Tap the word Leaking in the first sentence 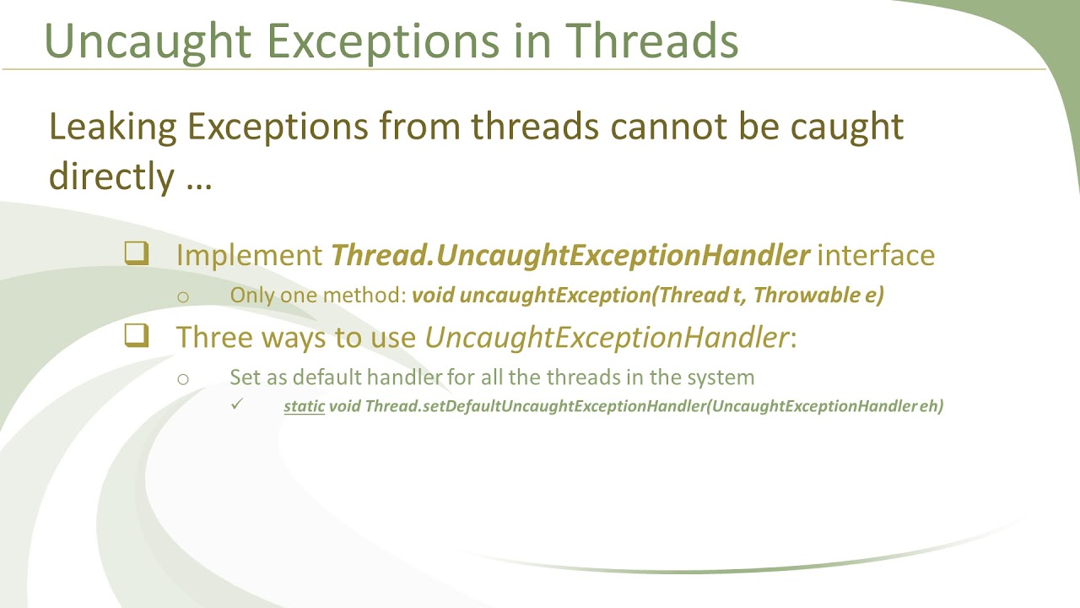point(112,127)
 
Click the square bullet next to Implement point(137,253)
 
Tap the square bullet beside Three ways point(137,335)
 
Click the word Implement point(250,255)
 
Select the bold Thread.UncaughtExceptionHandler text point(570,255)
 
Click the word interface point(876,255)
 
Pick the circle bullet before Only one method point(183,297)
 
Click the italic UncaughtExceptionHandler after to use point(606,337)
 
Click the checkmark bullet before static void point(236,405)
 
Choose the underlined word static point(304,406)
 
